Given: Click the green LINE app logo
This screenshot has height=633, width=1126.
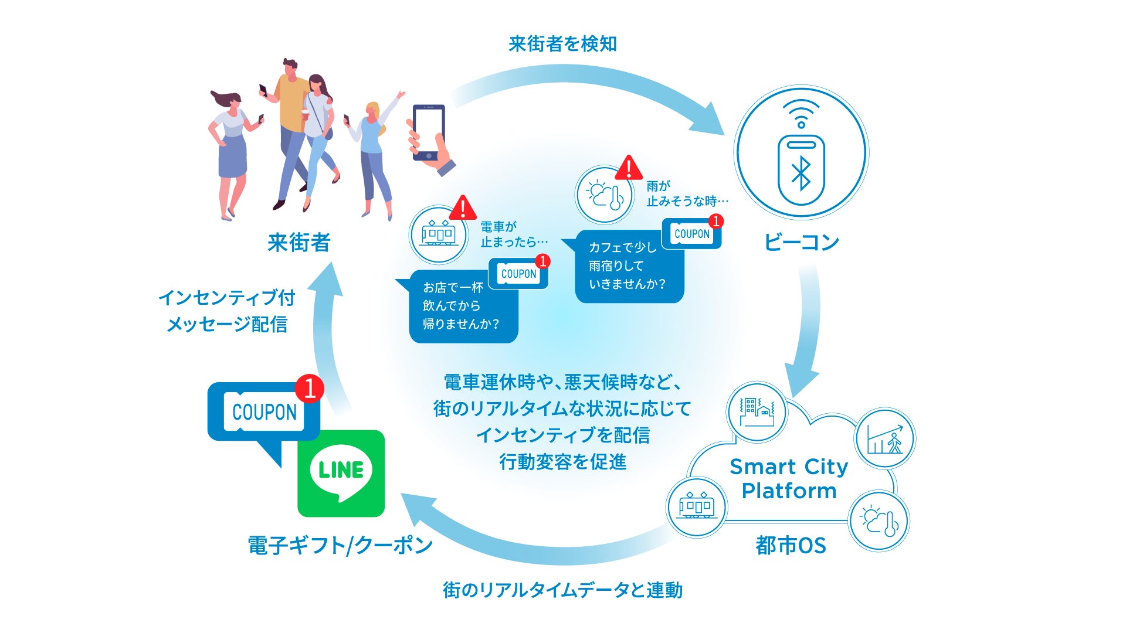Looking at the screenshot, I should (341, 473).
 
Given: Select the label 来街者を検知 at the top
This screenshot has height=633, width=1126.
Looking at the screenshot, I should (562, 44).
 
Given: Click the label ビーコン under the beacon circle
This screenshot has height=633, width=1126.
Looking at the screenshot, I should (801, 242).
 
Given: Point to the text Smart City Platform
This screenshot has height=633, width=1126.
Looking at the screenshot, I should (789, 478).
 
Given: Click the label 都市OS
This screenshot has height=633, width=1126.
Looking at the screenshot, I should (791, 546).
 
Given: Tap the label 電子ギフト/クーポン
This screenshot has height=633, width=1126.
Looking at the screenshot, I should (340, 546).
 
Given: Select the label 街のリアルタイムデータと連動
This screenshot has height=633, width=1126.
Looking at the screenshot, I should (562, 590).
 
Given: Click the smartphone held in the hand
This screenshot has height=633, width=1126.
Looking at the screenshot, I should (429, 132).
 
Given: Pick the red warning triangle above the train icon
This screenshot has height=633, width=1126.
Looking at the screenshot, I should (463, 207).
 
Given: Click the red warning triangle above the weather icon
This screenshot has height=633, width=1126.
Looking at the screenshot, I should (629, 168).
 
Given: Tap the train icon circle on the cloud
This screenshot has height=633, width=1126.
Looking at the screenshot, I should (696, 506).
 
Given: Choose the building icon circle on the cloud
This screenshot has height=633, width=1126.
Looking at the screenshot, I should (757, 411).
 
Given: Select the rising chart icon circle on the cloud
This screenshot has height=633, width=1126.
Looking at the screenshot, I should (885, 438).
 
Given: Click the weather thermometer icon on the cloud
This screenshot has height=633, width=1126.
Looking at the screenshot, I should (879, 521).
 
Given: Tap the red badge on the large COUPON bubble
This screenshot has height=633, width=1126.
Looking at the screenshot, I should (309, 388).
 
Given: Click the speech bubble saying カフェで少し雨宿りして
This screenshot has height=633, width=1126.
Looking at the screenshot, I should (628, 267).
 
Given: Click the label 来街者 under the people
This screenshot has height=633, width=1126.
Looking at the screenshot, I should (299, 242).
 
